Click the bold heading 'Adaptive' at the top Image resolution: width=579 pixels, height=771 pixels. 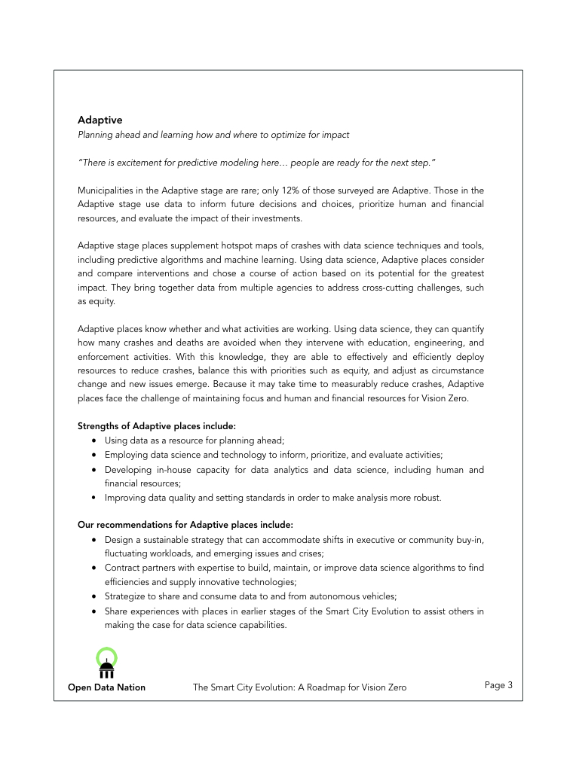pos(100,120)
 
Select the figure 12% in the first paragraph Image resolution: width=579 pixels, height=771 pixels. pos(305,190)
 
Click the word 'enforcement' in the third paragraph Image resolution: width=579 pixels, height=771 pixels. pos(103,358)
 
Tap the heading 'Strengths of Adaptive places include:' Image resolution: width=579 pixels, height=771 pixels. pos(156,426)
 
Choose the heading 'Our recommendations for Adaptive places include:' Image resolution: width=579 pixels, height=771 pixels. pos(185,525)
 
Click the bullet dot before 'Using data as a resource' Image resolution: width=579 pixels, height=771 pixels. pos(93,440)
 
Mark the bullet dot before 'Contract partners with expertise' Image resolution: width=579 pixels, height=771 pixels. pos(93,568)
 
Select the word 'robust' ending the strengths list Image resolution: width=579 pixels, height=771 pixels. pos(426,498)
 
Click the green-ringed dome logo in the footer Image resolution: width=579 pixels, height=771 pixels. pos(106,662)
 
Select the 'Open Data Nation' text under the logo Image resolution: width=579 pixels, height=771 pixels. pos(106,687)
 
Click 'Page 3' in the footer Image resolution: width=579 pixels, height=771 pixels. pos(498,685)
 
